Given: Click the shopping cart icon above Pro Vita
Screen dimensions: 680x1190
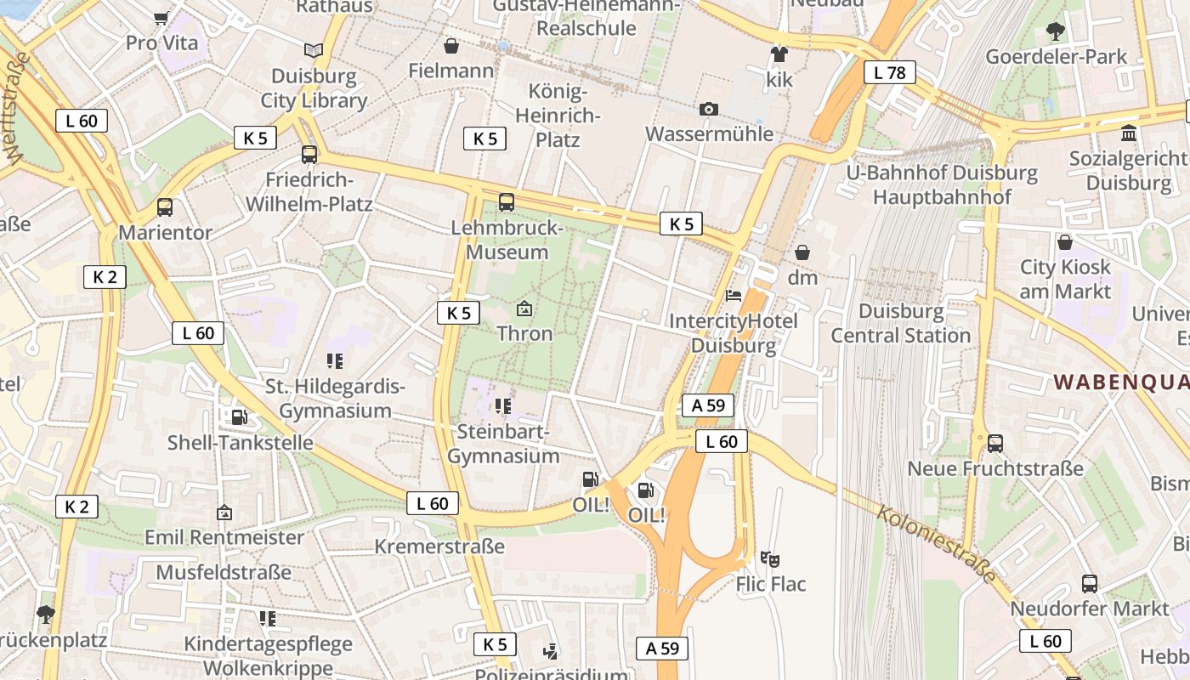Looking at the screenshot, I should (x=161, y=18).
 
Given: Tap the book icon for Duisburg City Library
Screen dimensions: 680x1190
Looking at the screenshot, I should (x=314, y=50).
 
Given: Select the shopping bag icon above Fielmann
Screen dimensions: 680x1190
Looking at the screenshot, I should (x=451, y=45).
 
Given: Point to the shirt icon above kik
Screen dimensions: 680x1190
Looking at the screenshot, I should (x=779, y=54).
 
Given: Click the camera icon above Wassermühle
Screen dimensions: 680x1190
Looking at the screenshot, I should (x=708, y=109).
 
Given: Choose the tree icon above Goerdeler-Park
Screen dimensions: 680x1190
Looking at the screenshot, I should (x=1056, y=31).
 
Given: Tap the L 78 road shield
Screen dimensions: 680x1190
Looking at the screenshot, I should (x=889, y=72).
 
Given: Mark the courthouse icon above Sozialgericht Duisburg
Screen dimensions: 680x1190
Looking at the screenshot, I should (x=1130, y=133).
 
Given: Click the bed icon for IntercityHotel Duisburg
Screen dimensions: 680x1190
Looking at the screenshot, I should (x=734, y=296).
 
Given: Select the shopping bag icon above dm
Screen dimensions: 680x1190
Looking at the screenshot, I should (x=802, y=252).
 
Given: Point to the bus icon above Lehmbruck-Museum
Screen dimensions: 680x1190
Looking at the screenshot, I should (x=507, y=201).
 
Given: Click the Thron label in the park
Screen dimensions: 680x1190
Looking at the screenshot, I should (x=524, y=333).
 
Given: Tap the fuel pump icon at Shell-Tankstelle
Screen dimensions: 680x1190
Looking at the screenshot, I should (x=240, y=416).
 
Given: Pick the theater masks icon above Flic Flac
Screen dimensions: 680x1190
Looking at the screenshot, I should (x=770, y=558).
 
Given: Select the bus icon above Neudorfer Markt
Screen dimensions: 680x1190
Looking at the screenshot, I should (x=1090, y=583).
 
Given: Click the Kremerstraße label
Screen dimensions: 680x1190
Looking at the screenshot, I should (x=439, y=546).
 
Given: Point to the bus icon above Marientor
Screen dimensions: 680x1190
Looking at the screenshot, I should (x=165, y=207).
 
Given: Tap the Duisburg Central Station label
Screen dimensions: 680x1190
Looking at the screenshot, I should (x=900, y=324).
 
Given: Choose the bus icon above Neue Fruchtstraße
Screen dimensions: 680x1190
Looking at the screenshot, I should (x=995, y=443).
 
